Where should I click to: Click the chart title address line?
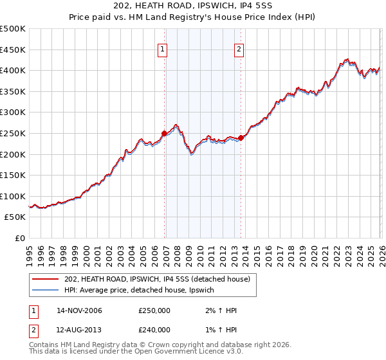point(193,7)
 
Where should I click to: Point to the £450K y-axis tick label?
point(13,50)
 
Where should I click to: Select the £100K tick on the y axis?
point(13,197)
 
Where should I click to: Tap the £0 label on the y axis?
point(20,239)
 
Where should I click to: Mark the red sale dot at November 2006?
point(164,134)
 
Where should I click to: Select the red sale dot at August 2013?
point(241,138)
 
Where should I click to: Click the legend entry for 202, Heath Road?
point(161,278)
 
